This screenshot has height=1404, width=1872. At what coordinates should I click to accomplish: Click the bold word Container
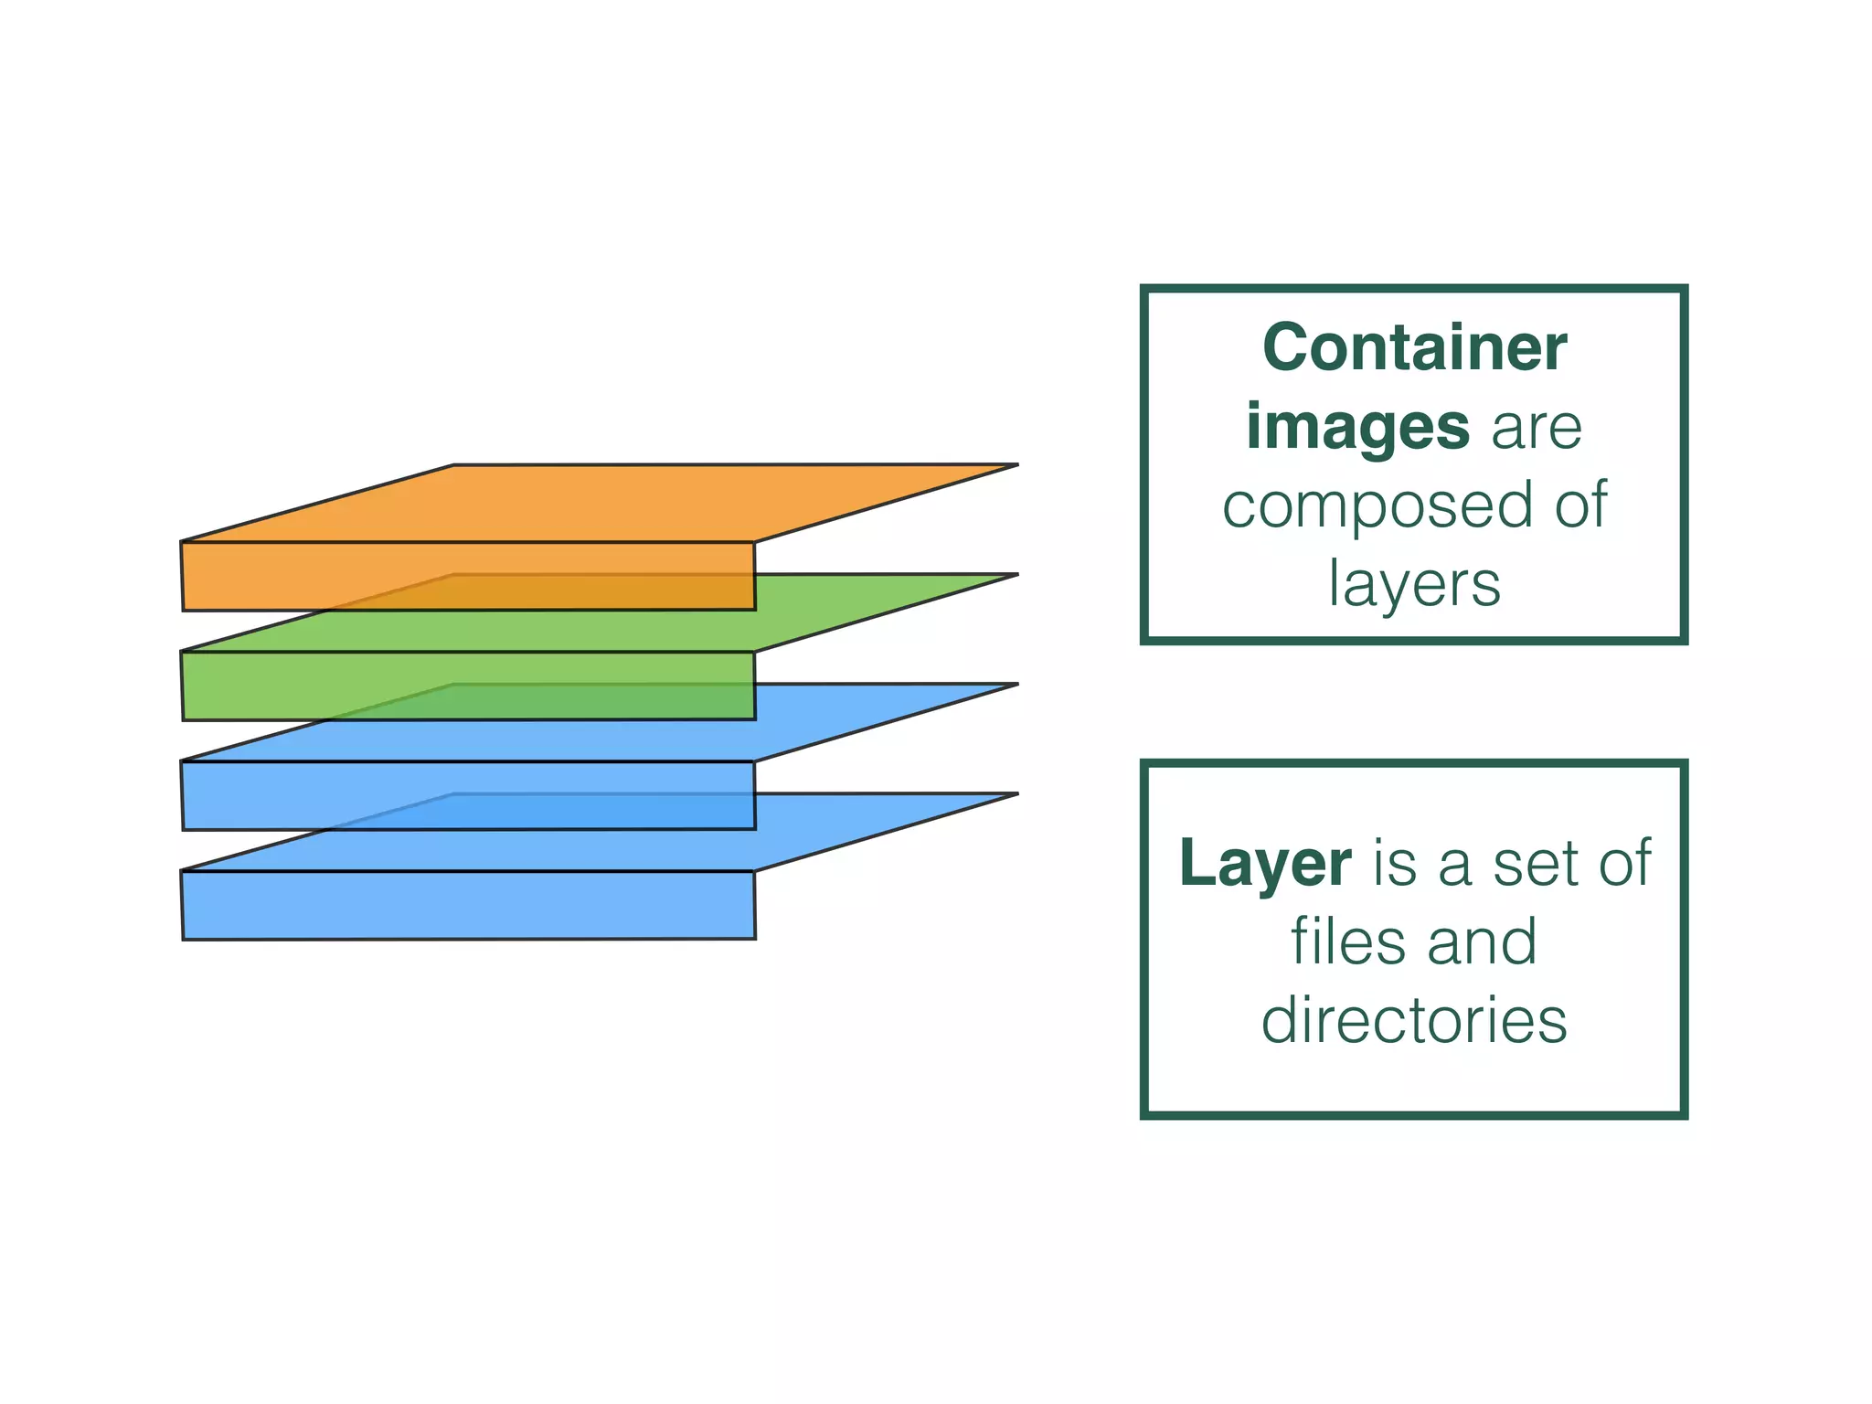pyautogui.click(x=1414, y=348)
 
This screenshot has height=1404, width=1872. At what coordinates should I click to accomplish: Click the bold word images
pyautogui.click(x=1357, y=427)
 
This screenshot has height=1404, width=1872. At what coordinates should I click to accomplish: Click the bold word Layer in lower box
pyautogui.click(x=1264, y=864)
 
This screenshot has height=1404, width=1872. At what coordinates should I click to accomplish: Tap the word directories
pyautogui.click(x=1414, y=1021)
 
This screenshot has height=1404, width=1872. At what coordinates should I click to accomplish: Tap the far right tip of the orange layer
pyautogui.click(x=1015, y=465)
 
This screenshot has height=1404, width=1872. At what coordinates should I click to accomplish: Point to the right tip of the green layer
pyautogui.click(x=1015, y=575)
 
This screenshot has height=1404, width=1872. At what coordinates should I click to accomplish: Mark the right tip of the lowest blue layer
pyautogui.click(x=1015, y=794)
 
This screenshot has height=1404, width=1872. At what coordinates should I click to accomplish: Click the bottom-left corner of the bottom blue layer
pyautogui.click(x=184, y=939)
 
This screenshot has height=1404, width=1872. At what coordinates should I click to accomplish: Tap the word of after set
pyautogui.click(x=1623, y=864)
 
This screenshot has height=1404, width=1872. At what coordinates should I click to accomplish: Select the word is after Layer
pyautogui.click(x=1395, y=864)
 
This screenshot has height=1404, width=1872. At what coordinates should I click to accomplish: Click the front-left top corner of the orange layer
pyautogui.click(x=182, y=542)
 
